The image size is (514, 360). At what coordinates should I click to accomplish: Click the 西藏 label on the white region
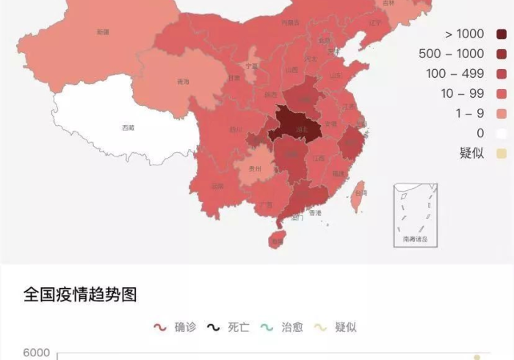128,128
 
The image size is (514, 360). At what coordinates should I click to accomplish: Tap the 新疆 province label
103,32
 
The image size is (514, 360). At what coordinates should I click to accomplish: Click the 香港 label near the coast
315,213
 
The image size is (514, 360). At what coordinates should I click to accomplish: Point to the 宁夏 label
252,65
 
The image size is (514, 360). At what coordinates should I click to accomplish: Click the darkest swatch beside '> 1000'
502,34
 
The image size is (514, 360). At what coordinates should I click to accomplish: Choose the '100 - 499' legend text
456,73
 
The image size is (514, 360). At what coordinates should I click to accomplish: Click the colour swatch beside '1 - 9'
502,113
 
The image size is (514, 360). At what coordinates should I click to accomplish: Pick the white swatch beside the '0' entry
502,133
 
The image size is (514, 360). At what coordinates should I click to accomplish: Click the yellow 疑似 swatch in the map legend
502,153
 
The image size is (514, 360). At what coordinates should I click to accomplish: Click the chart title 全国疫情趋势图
80,295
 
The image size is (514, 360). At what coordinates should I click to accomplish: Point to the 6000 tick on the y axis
37,353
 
